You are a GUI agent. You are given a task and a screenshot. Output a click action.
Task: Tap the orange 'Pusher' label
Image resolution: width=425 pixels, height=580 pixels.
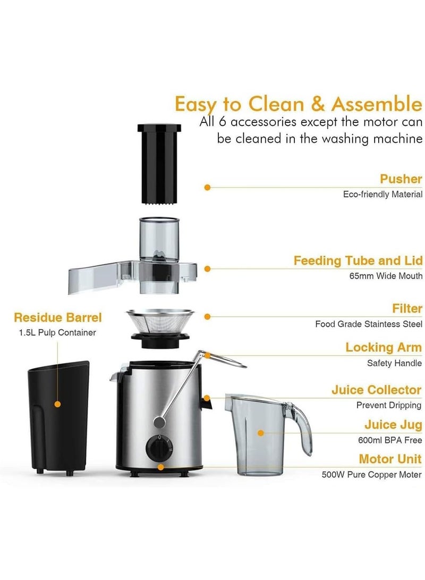pos(401,179)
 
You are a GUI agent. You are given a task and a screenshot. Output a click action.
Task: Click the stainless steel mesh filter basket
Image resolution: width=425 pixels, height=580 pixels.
pos(158,324)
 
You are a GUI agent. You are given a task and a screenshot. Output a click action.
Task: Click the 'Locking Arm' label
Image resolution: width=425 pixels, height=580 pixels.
pos(383,348)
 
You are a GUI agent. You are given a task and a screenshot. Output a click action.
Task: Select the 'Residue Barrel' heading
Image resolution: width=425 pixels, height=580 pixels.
pos(57,318)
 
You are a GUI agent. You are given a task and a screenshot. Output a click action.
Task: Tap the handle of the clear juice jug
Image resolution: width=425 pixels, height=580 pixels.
pos(302,425)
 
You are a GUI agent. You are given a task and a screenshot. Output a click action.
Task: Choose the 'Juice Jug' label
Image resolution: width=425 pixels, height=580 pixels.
pos(393,425)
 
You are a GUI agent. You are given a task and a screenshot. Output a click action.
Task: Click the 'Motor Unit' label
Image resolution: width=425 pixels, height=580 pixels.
pos(390,459)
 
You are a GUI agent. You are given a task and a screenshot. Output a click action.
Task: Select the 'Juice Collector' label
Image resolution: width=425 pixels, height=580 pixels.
pos(376,390)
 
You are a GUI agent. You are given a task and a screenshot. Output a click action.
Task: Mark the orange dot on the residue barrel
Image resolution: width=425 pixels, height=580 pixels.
pos(57,404)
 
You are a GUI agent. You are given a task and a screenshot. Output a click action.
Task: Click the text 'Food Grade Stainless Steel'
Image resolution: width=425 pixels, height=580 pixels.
pos(369,324)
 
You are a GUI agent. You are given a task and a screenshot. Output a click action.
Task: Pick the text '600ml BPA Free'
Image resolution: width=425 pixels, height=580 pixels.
pos(390,440)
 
